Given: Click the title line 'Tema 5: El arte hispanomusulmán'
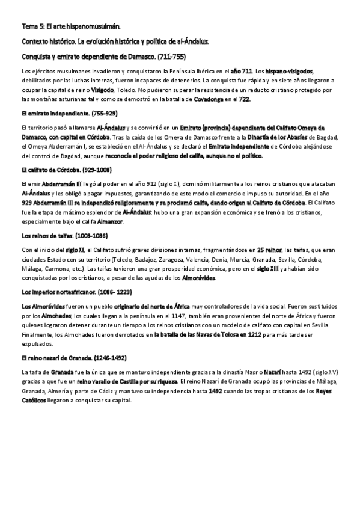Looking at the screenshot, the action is tap(71, 27).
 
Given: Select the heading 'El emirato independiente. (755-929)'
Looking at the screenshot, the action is tap(69, 113).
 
